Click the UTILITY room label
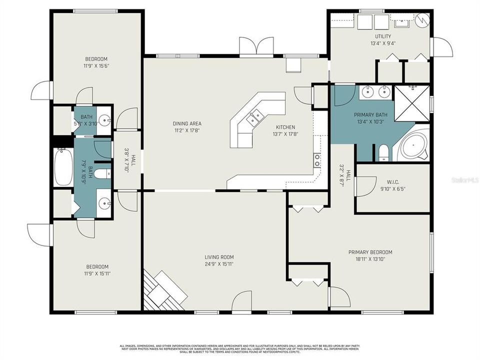tap(382, 36)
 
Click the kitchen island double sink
tap(255, 117)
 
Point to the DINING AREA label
tap(187, 123)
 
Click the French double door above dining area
tap(249, 48)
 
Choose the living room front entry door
tap(242, 302)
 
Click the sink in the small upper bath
tap(103, 120)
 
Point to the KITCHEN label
tap(283, 127)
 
